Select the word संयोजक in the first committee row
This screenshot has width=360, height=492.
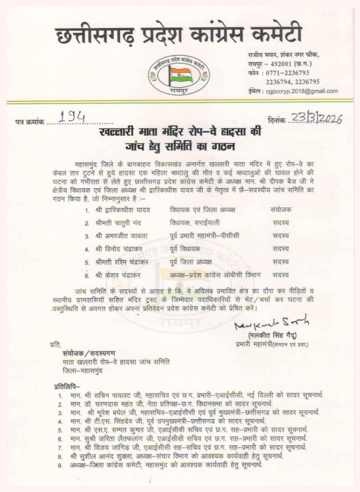(x=281, y=210)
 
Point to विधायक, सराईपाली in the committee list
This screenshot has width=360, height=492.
(x=192, y=223)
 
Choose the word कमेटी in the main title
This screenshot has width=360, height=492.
(x=270, y=35)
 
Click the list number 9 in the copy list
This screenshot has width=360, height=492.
(x=60, y=466)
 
